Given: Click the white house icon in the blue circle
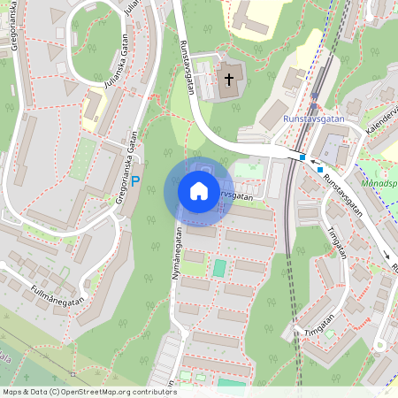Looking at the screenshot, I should tap(198, 191).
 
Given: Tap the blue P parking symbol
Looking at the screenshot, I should tap(135, 180).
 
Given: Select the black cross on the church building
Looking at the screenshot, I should tap(229, 80).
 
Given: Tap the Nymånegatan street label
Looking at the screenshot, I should tap(176, 253).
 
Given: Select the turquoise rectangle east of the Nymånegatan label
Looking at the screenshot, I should tap(218, 267).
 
